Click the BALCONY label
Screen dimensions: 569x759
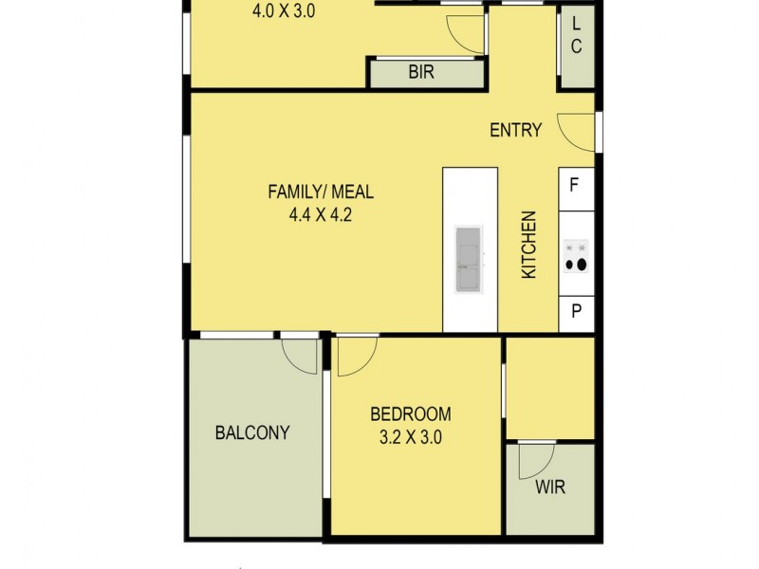point(251,433)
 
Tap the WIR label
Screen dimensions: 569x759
point(550,489)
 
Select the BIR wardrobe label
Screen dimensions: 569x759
point(421,72)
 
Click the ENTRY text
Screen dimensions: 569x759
point(515,131)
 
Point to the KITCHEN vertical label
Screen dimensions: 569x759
point(529,245)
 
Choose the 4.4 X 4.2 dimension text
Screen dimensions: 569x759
point(321,214)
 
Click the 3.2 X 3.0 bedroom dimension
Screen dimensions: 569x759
point(411,438)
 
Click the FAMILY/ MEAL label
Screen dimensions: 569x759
point(321,193)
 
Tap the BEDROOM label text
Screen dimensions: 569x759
point(410,414)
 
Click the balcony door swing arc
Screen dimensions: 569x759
point(302,356)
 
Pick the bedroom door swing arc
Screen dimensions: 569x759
point(357,356)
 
